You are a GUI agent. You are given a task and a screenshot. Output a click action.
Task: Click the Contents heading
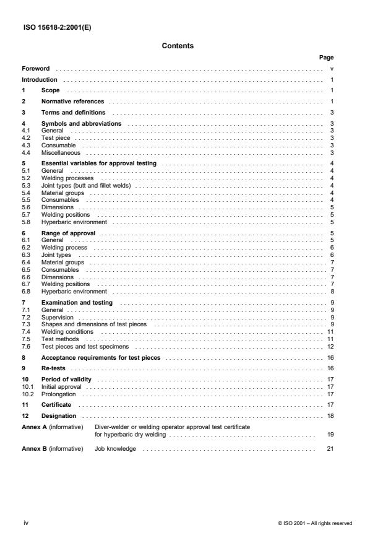click(178, 45)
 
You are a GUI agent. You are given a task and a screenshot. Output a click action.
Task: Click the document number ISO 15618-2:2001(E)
click(51, 26)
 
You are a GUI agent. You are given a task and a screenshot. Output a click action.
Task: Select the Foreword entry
click(36, 68)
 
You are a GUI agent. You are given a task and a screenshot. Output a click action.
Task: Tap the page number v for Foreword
click(332, 68)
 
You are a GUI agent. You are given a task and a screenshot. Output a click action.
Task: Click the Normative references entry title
click(72, 101)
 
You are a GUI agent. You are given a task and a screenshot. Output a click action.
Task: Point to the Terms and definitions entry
click(73, 113)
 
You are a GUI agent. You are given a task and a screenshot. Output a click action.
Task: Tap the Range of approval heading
click(67, 233)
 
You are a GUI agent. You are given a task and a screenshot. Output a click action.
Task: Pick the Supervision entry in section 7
click(56, 317)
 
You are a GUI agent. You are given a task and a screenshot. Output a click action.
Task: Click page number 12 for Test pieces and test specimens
click(331, 346)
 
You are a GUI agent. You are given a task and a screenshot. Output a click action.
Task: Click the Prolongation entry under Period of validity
click(58, 394)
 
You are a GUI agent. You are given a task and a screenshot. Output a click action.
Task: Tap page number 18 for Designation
click(331, 416)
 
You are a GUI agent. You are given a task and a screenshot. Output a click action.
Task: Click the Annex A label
click(33, 427)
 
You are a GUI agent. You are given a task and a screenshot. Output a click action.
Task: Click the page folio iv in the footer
click(25, 523)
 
